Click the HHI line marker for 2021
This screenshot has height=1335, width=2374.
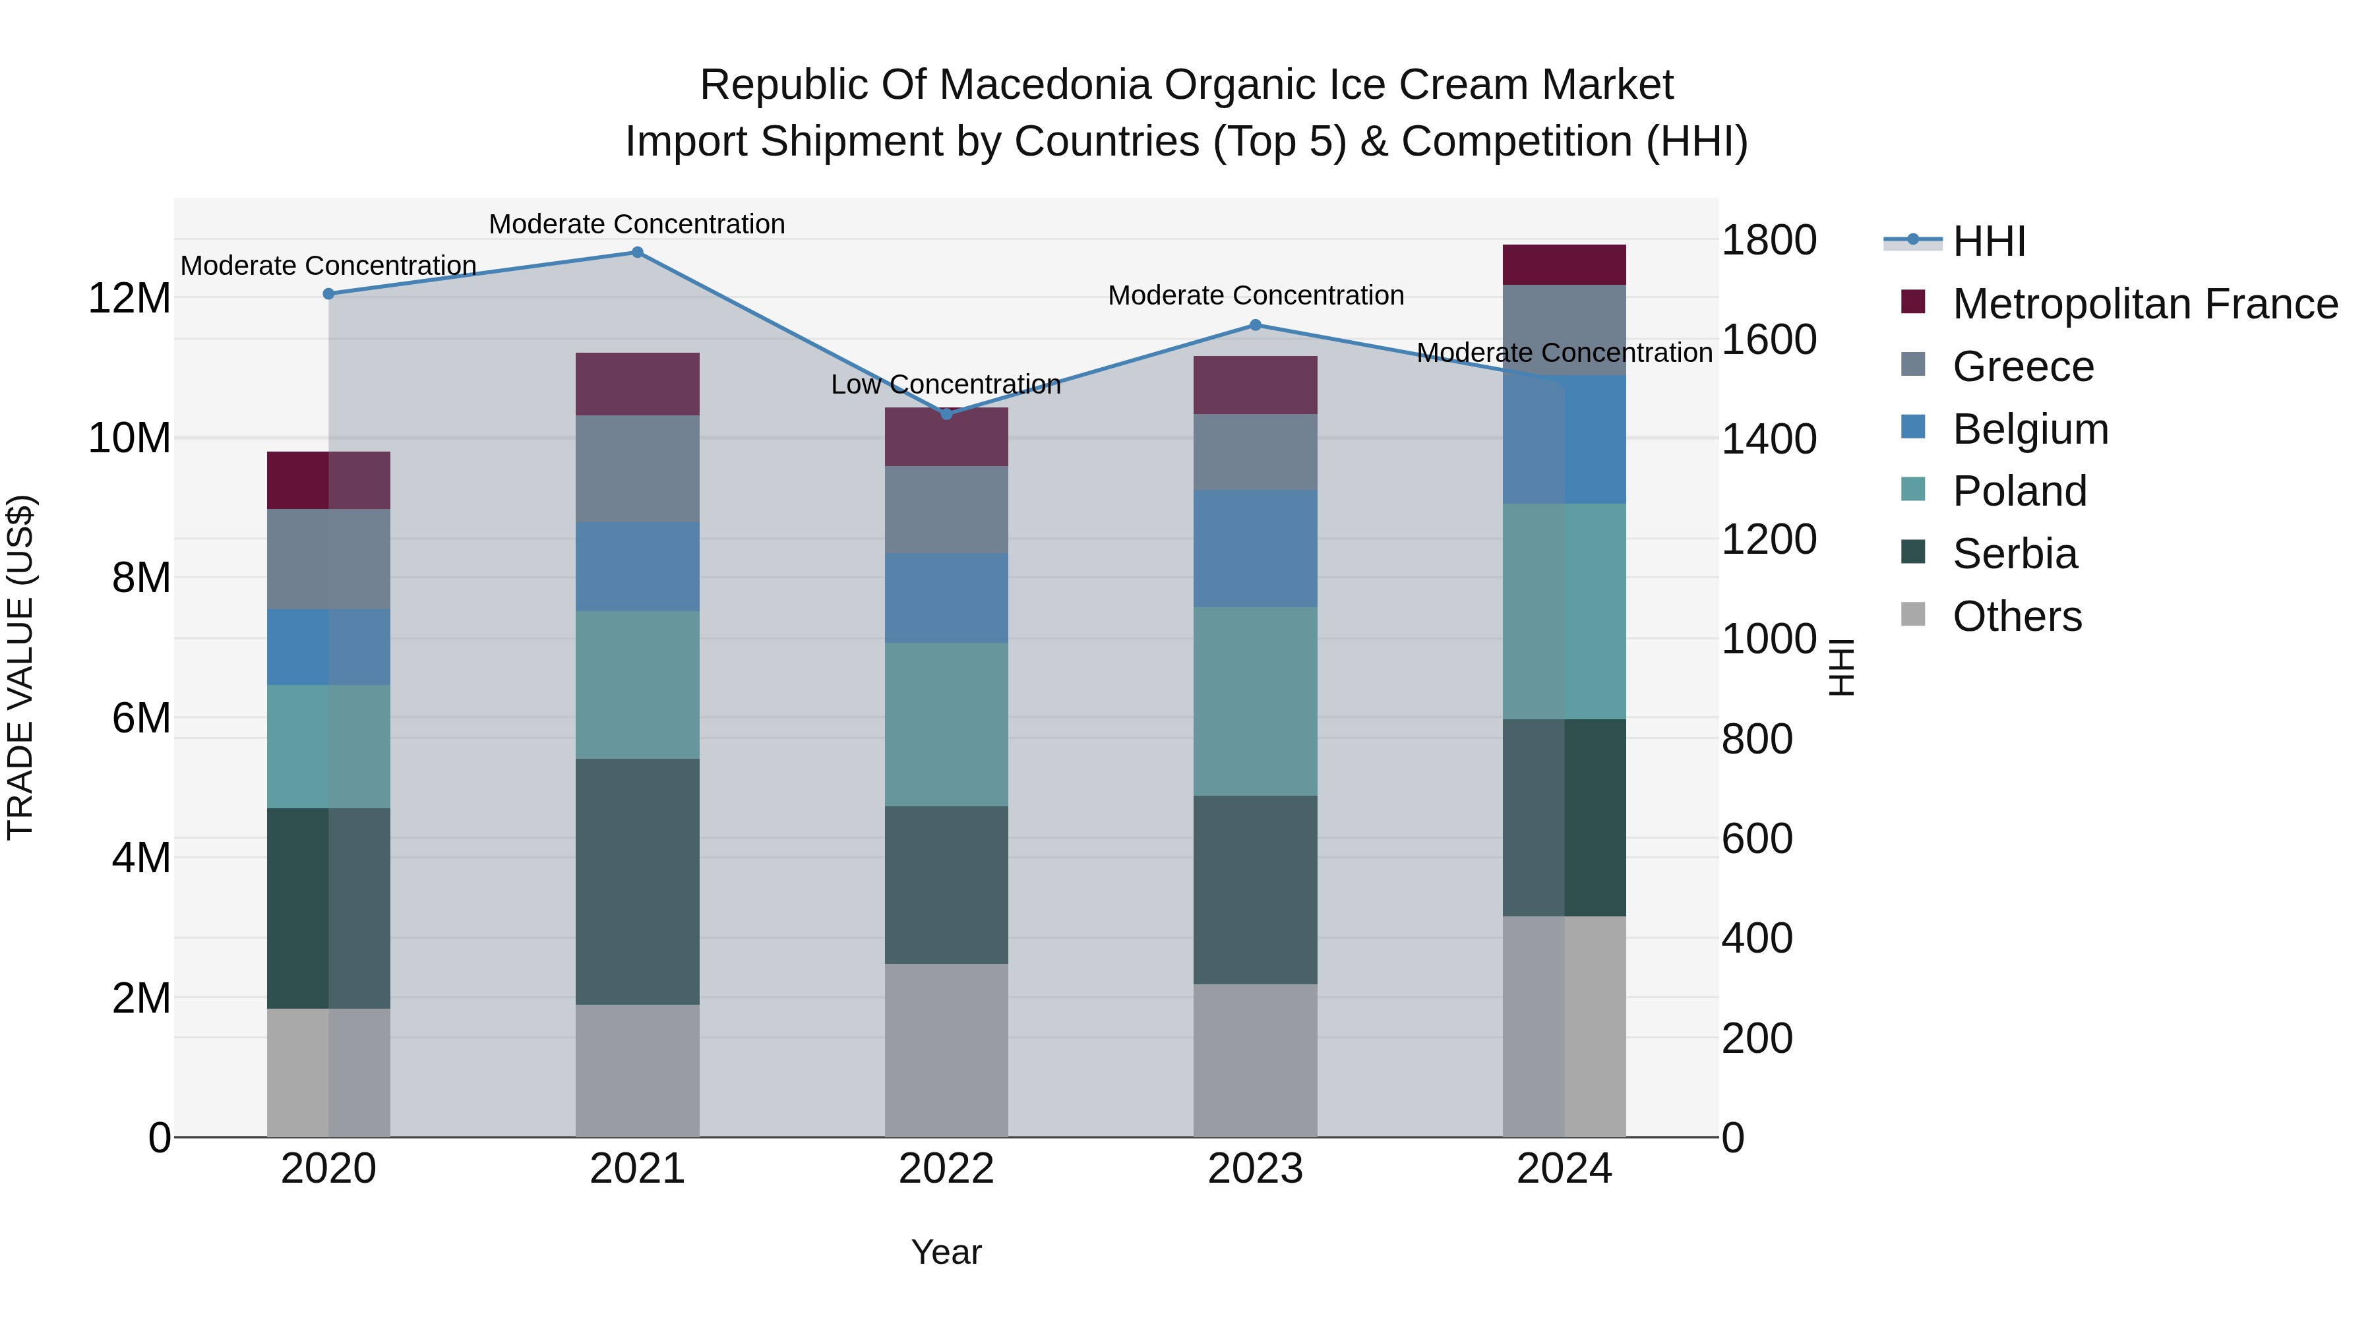point(637,252)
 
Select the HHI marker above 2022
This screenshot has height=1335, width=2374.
point(946,413)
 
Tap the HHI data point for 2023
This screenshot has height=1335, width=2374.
point(1255,325)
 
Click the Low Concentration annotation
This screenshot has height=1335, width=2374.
point(946,385)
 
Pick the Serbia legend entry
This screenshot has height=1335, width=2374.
point(2015,554)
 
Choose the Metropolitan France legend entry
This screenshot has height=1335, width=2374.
point(2145,304)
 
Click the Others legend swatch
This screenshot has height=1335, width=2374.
point(1913,614)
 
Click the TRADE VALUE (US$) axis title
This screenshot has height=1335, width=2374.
point(20,667)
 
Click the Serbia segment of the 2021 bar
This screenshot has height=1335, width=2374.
point(637,881)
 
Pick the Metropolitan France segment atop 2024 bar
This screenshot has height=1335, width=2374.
point(1564,265)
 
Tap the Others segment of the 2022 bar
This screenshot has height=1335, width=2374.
point(946,1050)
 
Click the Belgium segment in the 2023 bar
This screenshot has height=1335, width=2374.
point(1255,549)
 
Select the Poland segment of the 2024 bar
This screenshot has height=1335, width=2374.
point(1564,612)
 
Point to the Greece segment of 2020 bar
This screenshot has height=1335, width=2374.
point(329,559)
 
